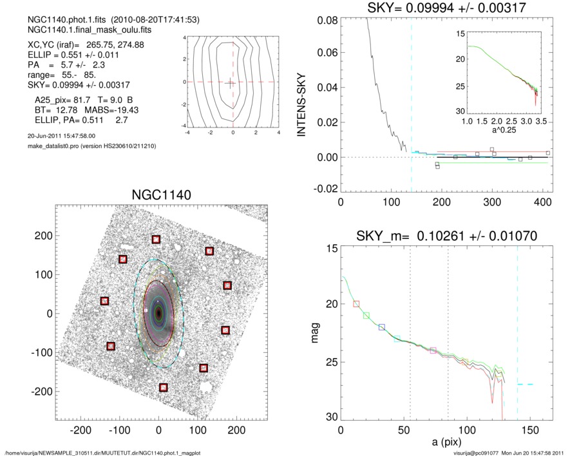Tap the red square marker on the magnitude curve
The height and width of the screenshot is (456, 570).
357,303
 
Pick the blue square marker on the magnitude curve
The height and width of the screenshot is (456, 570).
382,327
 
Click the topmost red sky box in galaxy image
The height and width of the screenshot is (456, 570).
156,240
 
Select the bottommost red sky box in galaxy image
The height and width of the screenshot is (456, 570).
164,387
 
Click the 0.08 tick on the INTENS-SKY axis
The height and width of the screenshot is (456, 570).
328,21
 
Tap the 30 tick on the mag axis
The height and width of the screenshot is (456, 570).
330,417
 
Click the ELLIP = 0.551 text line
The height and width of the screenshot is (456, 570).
60,55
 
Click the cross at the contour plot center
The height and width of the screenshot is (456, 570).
232,82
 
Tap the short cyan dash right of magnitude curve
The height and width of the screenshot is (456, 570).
526,384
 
